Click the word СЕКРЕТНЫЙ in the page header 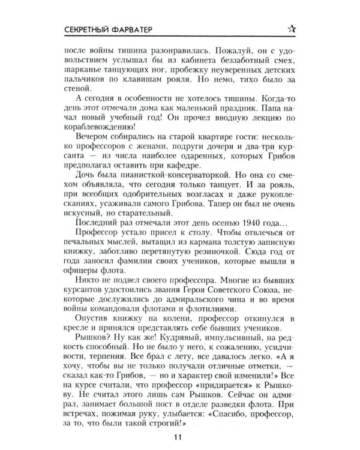point(91,27)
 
